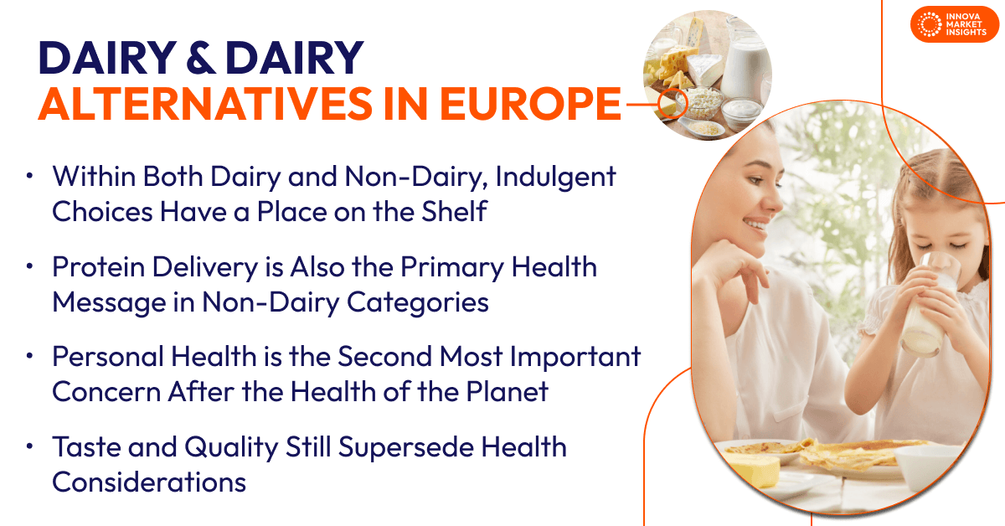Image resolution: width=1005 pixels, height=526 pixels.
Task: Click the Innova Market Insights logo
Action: click(954, 24)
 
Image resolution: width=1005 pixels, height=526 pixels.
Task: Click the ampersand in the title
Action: click(200, 58)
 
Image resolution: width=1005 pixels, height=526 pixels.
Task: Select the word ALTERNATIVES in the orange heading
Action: click(205, 104)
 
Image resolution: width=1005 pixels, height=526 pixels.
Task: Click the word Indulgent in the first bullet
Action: click(555, 178)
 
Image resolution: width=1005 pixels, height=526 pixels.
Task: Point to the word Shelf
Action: click(454, 211)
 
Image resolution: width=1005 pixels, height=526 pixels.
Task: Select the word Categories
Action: click(418, 303)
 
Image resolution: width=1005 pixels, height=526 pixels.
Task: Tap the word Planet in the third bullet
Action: click(507, 391)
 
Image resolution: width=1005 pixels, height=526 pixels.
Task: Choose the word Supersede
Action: click(406, 448)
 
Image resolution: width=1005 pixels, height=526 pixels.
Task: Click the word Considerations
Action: click(149, 482)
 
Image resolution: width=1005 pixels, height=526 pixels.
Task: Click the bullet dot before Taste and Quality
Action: click(29, 446)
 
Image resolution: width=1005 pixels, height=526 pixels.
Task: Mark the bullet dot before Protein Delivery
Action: click(29, 266)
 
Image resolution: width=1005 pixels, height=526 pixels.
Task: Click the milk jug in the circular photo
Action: click(745, 59)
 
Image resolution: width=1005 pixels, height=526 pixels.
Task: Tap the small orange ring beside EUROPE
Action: click(673, 103)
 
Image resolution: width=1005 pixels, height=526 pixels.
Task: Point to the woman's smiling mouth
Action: click(756, 224)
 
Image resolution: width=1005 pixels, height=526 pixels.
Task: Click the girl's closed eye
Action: click(957, 246)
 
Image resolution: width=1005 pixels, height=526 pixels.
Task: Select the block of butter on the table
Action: click(754, 469)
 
